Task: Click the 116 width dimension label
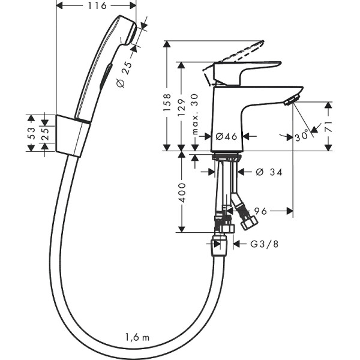[x=96, y=6]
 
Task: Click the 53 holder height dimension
[x=31, y=132]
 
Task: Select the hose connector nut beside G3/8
[x=219, y=244]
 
